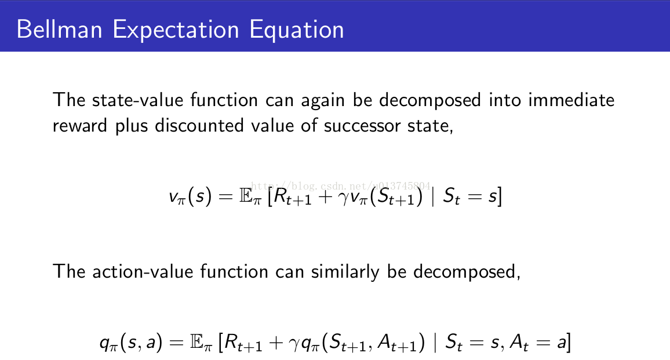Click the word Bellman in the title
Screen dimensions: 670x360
59,30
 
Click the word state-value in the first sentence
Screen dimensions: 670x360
137,100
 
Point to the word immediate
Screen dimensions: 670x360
571,100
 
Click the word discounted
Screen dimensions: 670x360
199,126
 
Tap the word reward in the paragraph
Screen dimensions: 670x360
79,126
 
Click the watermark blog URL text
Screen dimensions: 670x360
341,186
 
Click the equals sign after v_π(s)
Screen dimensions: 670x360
225,197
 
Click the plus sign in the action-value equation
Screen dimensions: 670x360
276,343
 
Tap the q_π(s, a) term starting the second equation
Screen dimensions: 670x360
131,343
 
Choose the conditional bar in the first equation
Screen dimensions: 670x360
433,197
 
